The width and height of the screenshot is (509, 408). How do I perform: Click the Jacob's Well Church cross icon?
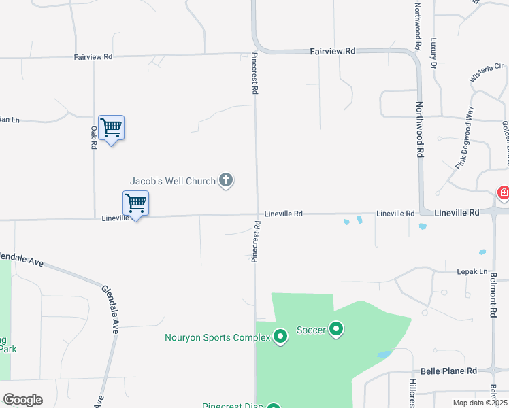click(x=227, y=181)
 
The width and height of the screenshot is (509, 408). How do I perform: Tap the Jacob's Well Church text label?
click(x=173, y=181)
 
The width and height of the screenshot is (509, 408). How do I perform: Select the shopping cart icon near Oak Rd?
click(x=111, y=128)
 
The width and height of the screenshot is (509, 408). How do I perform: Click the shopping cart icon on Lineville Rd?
click(x=135, y=203)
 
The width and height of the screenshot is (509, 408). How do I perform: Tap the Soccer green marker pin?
click(x=335, y=330)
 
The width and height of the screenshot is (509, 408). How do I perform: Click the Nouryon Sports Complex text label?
click(x=217, y=337)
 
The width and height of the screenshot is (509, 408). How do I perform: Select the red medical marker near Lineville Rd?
click(x=503, y=193)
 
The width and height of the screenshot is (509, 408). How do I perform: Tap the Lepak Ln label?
click(x=474, y=271)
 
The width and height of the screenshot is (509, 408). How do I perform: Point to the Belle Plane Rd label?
click(x=448, y=371)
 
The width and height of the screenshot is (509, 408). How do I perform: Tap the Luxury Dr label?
click(x=433, y=53)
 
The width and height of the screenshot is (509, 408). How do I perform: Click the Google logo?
click(x=22, y=400)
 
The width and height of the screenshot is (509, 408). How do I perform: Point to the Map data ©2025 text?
click(x=479, y=403)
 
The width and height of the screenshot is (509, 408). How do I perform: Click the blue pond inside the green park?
click(x=384, y=354)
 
